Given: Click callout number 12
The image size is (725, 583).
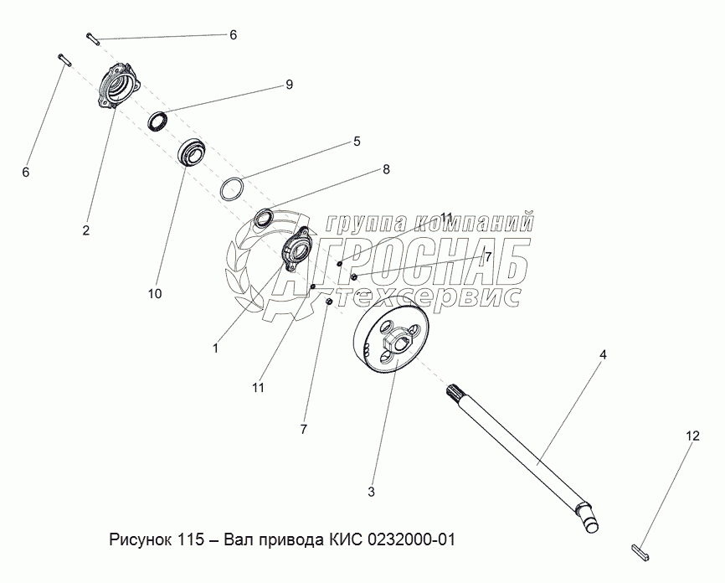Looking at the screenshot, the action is tap(692, 436).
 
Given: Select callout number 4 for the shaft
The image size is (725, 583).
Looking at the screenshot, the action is tap(603, 355).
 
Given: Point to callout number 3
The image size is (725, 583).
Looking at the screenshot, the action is tap(371, 492).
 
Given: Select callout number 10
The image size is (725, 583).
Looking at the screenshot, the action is tap(155, 293).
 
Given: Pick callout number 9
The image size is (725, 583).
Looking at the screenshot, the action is tap(289, 85).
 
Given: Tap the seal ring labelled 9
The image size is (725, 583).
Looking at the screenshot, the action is tap(158, 121).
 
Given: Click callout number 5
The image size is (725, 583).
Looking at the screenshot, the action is tap(357, 141).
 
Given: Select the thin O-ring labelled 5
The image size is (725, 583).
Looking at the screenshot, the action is tap(232, 188).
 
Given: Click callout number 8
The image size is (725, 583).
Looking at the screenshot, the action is tap(386, 169).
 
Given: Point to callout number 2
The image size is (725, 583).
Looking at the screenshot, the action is tap(86, 230).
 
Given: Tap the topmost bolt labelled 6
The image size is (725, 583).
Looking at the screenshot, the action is tap(93, 39).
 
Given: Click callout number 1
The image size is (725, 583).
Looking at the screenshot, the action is tap(215, 348).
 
